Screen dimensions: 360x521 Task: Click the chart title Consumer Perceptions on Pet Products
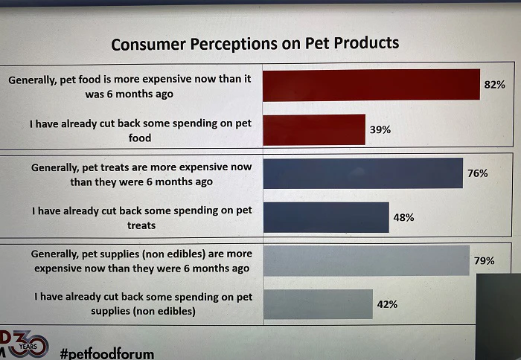point(255,43)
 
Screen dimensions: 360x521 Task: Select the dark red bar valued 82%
point(371,85)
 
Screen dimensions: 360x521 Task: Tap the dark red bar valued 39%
point(314,129)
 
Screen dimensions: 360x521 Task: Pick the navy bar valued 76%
point(362,173)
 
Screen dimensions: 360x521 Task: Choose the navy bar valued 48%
point(326,217)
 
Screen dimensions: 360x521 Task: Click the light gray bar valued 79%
point(366,260)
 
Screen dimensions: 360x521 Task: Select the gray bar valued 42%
point(318,304)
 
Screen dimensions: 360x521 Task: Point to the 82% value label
point(494,85)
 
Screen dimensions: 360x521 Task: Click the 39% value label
point(380,129)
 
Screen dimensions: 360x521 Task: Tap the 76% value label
point(477,173)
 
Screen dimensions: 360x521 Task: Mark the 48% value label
point(403,217)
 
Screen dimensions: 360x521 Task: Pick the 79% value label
point(484,260)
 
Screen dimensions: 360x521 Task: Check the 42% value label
point(387,304)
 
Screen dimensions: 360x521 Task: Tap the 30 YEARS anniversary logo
point(26,344)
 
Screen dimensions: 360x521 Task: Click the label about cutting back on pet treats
point(141,217)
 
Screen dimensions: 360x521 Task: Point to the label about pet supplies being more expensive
point(141,260)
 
